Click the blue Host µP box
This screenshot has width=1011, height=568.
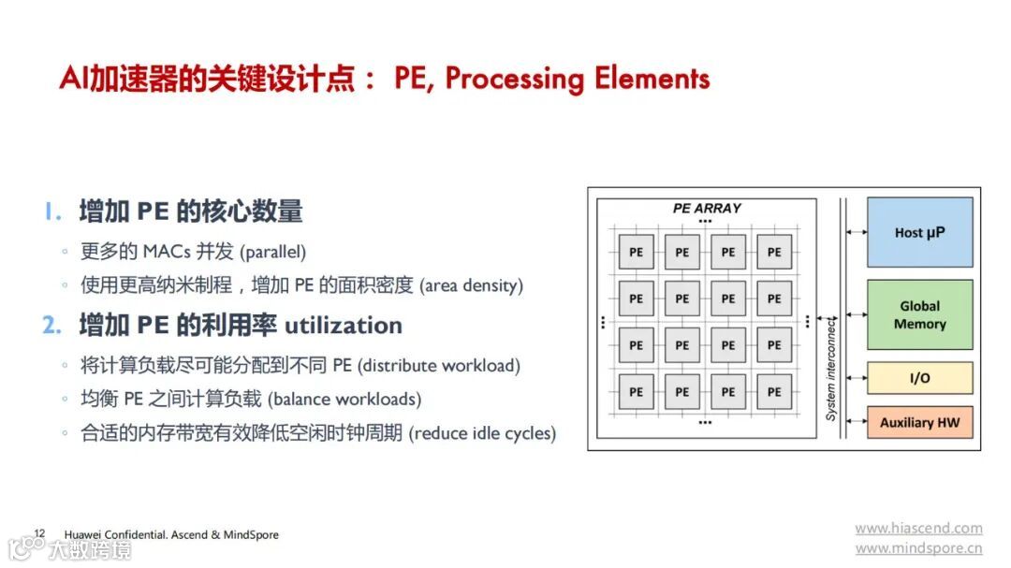click(919, 232)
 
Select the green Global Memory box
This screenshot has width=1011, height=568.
click(919, 315)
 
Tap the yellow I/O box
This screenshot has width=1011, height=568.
click(919, 378)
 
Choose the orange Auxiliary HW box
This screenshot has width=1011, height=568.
click(919, 422)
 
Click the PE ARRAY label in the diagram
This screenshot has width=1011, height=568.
click(707, 208)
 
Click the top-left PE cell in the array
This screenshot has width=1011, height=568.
click(636, 252)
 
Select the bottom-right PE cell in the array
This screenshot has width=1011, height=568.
click(774, 392)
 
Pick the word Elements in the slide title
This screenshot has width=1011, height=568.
click(652, 79)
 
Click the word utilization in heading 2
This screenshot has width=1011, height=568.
click(344, 326)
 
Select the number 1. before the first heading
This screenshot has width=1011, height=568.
click(51, 212)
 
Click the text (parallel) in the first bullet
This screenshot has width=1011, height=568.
click(273, 252)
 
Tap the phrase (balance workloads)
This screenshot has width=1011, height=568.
click(344, 400)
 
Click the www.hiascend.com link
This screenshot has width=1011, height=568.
click(918, 529)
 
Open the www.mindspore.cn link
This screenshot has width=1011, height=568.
click(918, 549)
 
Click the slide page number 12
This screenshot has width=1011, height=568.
click(39, 533)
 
